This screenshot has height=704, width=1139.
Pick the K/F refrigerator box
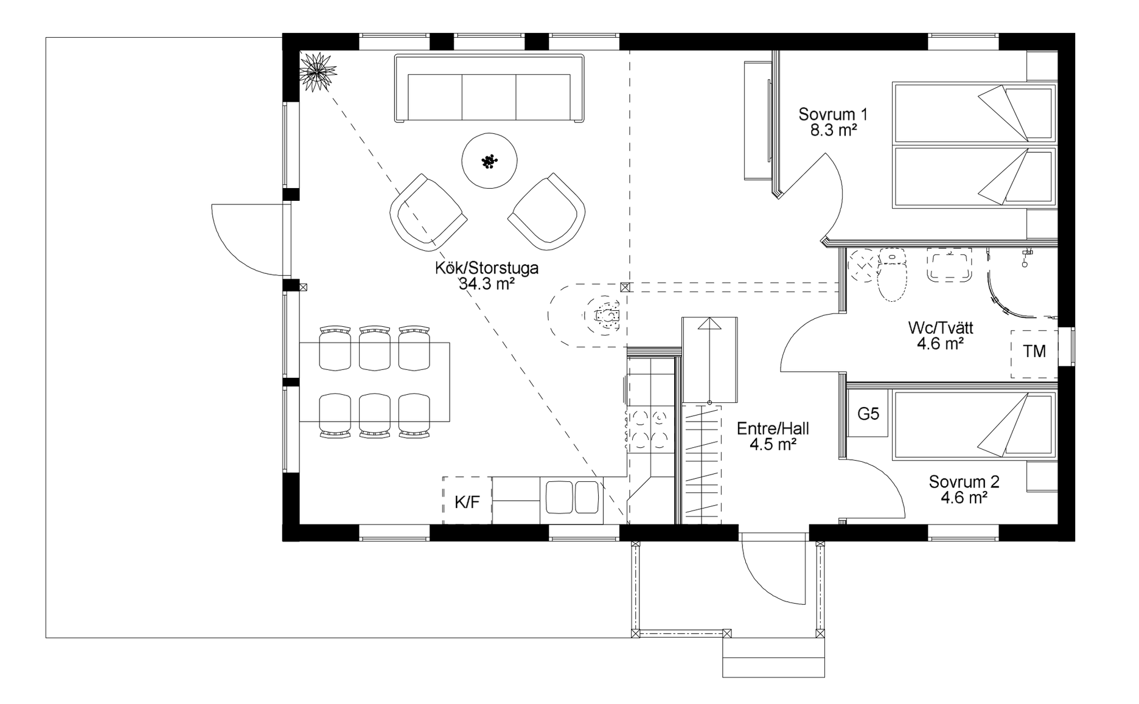[467, 500]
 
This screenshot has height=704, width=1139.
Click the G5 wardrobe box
[868, 414]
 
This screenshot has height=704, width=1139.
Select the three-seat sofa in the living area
[489, 88]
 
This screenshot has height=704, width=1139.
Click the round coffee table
[490, 161]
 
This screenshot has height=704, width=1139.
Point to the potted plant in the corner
[317, 72]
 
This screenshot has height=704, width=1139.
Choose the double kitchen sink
[573, 498]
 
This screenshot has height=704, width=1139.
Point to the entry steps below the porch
[773, 658]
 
